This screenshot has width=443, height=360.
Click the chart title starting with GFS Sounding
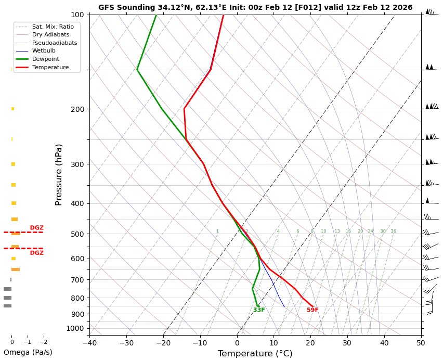255,7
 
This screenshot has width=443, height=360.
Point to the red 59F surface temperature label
312,310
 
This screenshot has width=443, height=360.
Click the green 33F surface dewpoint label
259,310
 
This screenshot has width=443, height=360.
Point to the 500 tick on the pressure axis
77,234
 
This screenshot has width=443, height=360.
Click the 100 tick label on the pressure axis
77,15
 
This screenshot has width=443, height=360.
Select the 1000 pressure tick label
75,328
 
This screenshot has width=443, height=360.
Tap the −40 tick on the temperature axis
89,342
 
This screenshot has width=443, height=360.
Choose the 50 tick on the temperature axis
421,342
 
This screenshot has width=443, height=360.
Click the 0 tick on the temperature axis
237,342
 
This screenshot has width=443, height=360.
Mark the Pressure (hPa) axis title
59,174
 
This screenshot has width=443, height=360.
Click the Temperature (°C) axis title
255,354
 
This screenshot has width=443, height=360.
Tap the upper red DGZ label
36,228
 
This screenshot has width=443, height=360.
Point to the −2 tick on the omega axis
43,342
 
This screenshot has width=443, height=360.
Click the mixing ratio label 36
393,231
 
